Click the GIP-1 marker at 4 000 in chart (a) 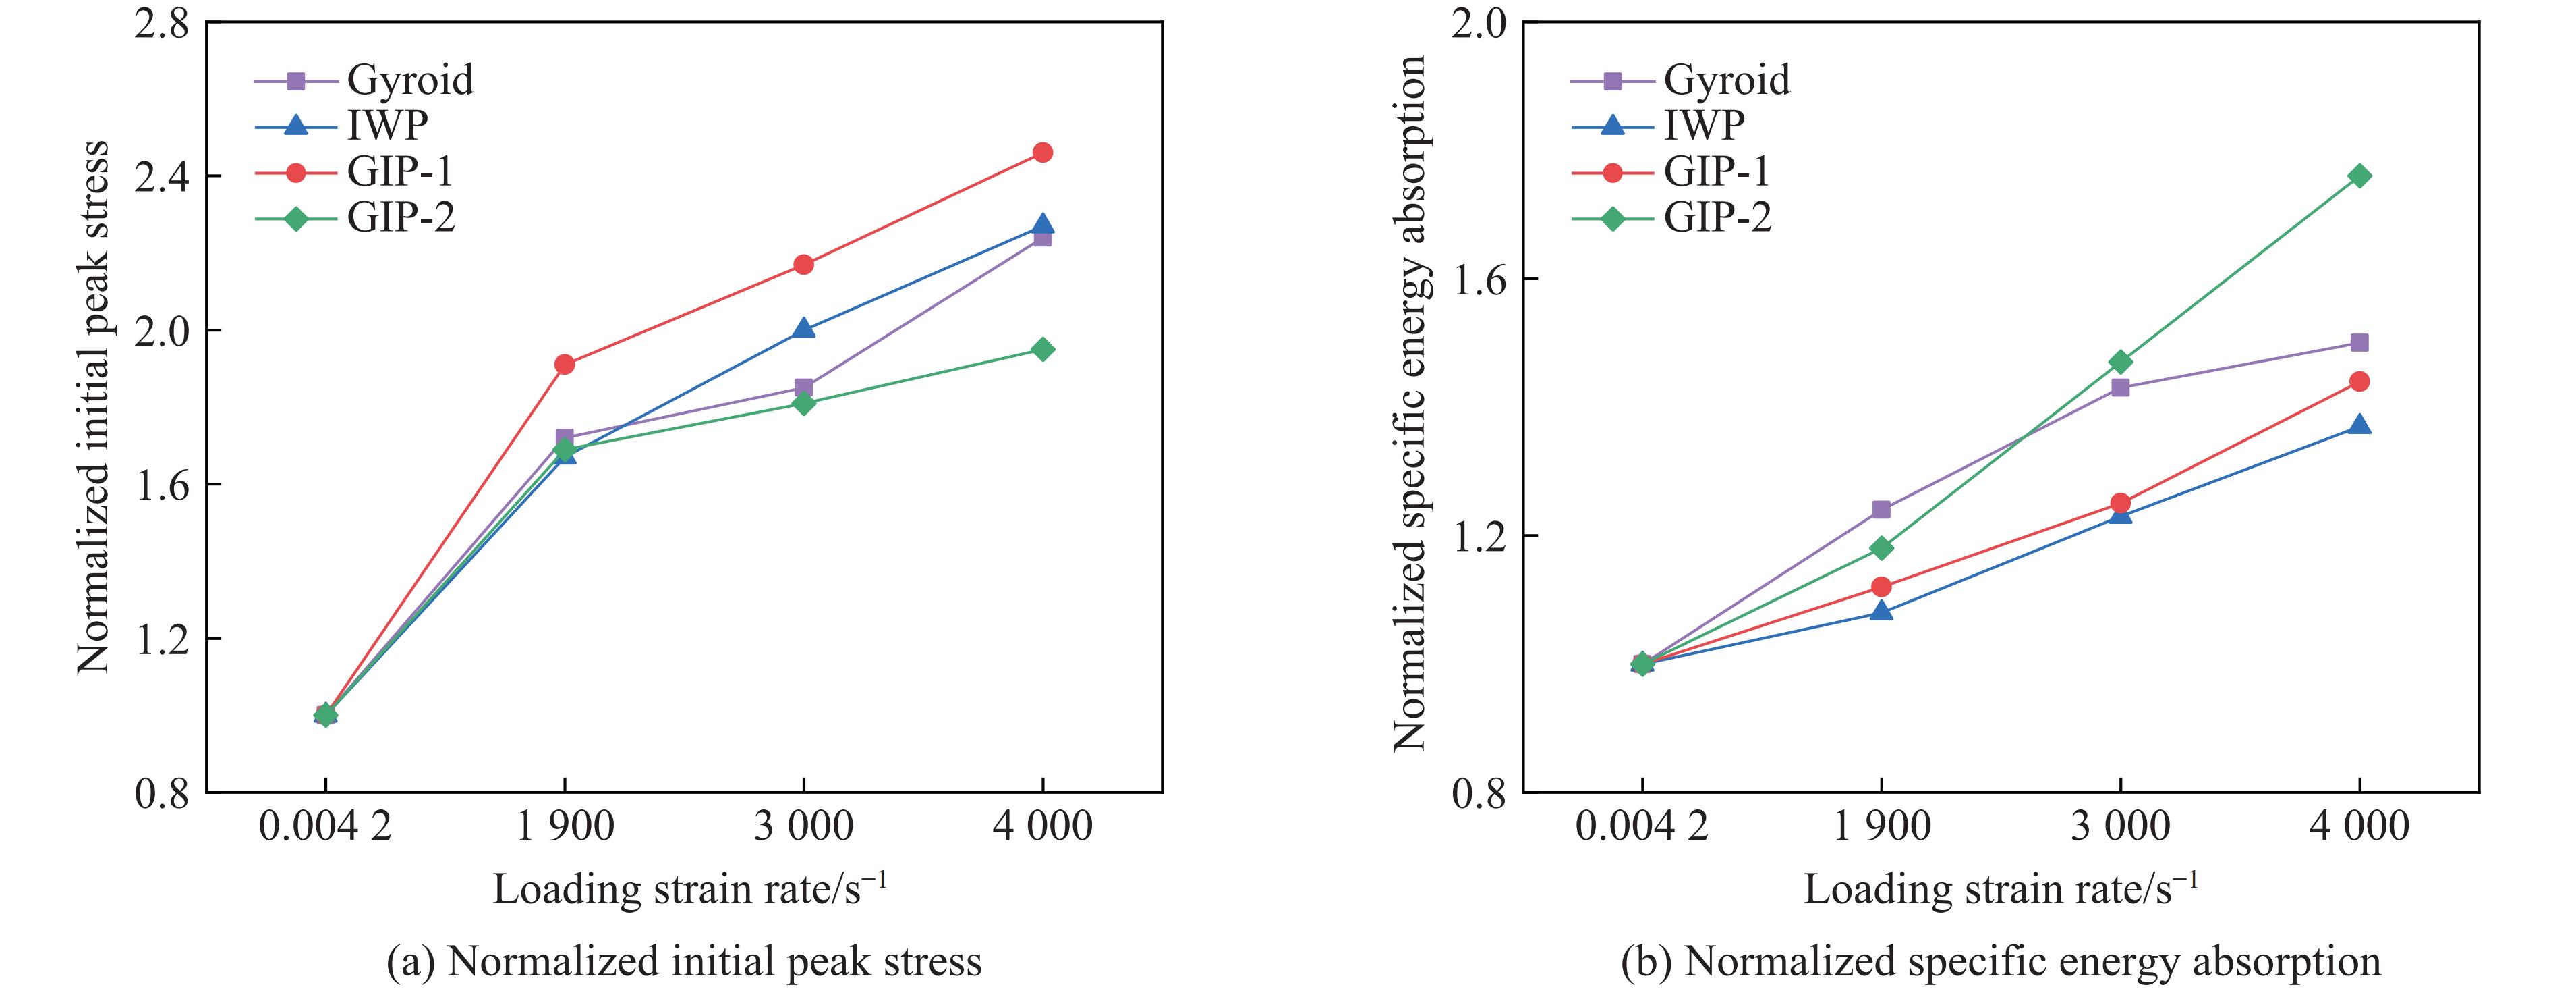[1042, 153]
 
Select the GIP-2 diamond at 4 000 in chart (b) [2359, 176]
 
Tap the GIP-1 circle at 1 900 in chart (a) [564, 365]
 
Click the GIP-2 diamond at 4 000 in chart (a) [1042, 350]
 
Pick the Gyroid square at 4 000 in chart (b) [2359, 342]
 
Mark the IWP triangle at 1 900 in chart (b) [1881, 611]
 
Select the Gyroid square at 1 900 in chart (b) [1881, 510]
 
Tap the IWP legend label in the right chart [1704, 126]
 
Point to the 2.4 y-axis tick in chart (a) [163, 176]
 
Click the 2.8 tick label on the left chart [163, 24]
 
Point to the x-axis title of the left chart [690, 888]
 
